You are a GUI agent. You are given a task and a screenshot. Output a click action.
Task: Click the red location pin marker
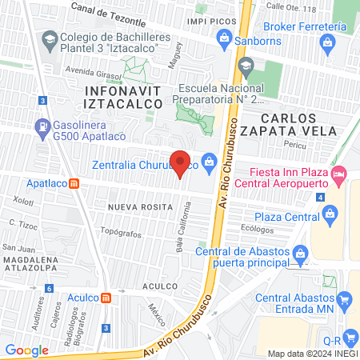tap(181, 162)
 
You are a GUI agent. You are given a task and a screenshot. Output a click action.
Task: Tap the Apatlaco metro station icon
tap(74, 182)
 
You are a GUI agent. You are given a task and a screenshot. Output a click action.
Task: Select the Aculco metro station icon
tap(106, 298)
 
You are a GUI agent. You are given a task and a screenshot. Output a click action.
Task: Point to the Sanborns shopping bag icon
tap(226, 38)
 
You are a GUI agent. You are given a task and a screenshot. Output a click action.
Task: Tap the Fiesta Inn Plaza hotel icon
tap(338, 172)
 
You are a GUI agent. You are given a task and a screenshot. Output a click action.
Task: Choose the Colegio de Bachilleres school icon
tap(50, 38)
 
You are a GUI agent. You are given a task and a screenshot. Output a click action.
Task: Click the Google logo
tap(27, 350)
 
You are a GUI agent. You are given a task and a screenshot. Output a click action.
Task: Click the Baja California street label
tap(183, 226)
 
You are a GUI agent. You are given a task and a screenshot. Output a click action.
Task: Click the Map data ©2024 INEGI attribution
tap(312, 353)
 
